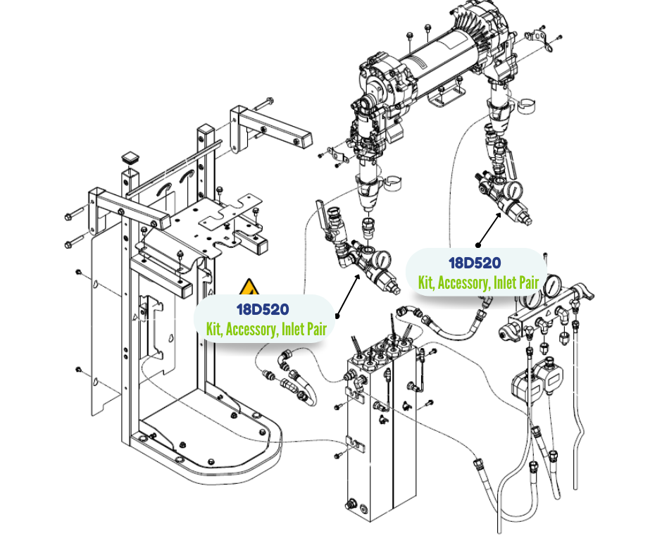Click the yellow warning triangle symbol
(249, 288)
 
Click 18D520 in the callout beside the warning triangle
(262, 308)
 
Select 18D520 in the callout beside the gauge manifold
(475, 263)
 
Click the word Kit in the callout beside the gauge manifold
(426, 282)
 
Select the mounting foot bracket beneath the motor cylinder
(448, 95)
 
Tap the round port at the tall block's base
(350, 504)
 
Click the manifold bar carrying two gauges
(542, 313)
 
